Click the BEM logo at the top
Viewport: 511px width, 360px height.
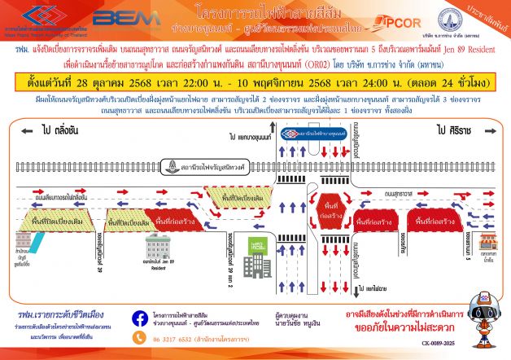pyautogui.click(x=116, y=18)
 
